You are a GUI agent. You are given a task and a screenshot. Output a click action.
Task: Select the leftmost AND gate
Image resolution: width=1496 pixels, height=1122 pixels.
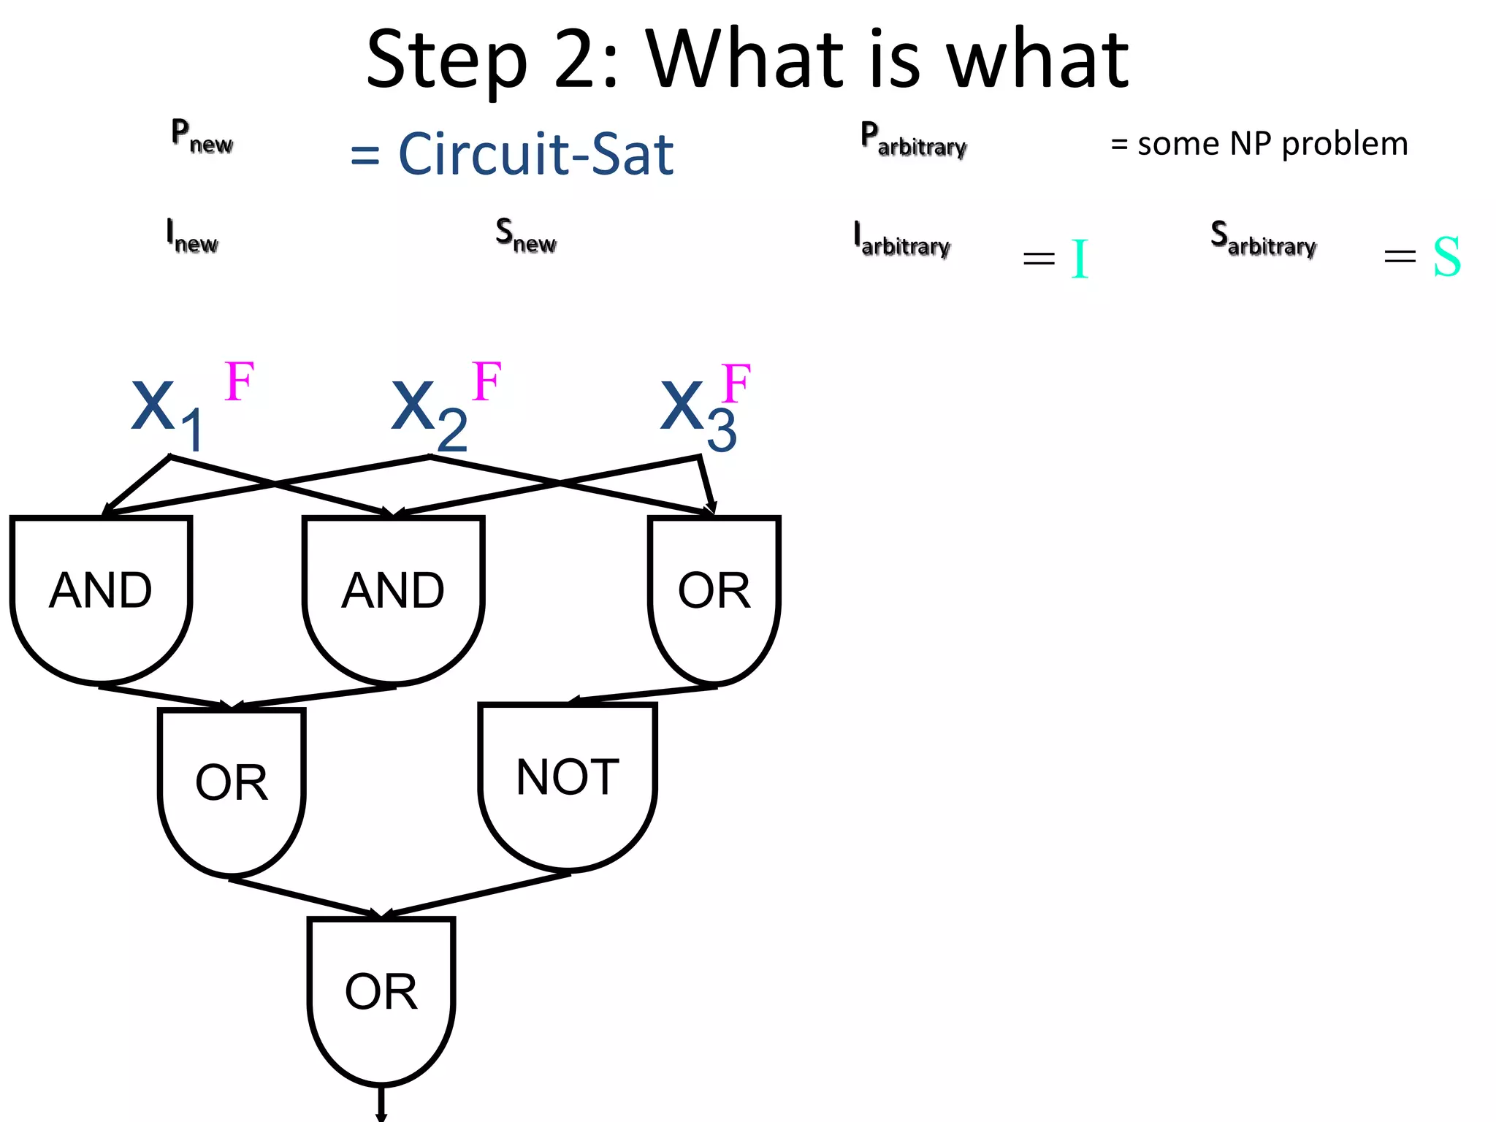click(x=101, y=592)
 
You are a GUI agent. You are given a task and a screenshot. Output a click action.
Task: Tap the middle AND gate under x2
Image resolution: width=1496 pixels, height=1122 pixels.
click(x=393, y=592)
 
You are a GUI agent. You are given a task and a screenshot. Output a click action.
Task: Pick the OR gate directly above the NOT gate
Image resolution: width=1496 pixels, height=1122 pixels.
click(x=714, y=592)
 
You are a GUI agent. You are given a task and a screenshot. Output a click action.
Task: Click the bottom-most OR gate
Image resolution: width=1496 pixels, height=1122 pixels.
click(x=381, y=993)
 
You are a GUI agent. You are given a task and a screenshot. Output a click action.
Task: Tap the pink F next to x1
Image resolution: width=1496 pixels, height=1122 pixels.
click(x=239, y=381)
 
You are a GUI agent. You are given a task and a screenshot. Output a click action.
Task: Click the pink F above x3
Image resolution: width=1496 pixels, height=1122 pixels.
click(x=736, y=383)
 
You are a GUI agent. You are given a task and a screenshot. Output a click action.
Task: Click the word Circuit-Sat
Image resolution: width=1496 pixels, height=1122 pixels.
click(x=535, y=154)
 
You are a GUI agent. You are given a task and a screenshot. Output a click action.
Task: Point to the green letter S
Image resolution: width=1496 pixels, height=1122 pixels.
click(x=1446, y=257)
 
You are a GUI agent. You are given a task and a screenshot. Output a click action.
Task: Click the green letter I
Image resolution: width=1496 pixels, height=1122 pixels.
click(x=1080, y=259)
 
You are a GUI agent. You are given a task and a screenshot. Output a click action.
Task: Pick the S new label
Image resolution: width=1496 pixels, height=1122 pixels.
click(x=525, y=237)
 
